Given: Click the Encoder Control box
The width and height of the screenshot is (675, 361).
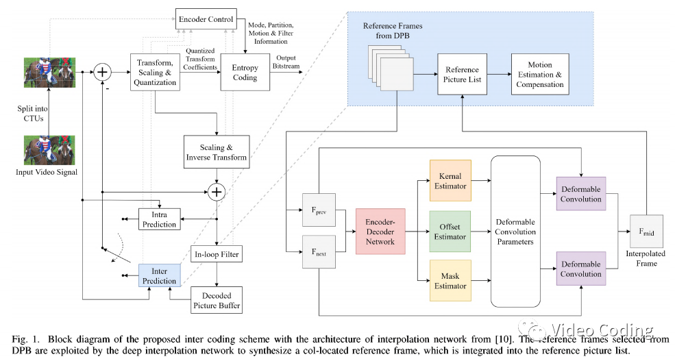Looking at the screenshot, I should click(x=206, y=18).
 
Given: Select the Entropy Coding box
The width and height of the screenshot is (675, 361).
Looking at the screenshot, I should click(x=245, y=72).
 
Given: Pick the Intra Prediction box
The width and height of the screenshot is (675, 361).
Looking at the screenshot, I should click(x=158, y=219).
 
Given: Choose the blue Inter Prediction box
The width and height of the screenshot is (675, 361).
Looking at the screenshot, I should click(x=158, y=276).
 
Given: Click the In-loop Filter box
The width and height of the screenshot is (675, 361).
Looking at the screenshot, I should click(x=217, y=255).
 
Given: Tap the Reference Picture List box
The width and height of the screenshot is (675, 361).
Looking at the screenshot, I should click(x=463, y=75).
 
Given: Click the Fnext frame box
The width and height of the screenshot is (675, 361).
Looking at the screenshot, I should click(x=317, y=252).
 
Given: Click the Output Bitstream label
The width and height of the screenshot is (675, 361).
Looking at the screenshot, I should click(x=286, y=62).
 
